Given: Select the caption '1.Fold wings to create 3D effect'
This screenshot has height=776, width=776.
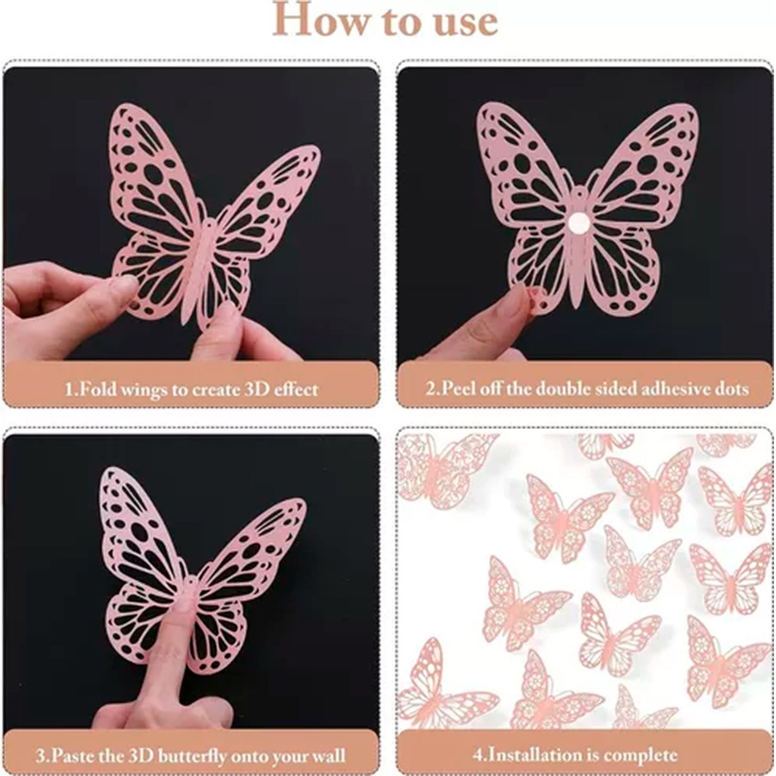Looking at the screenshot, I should tap(191, 389).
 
